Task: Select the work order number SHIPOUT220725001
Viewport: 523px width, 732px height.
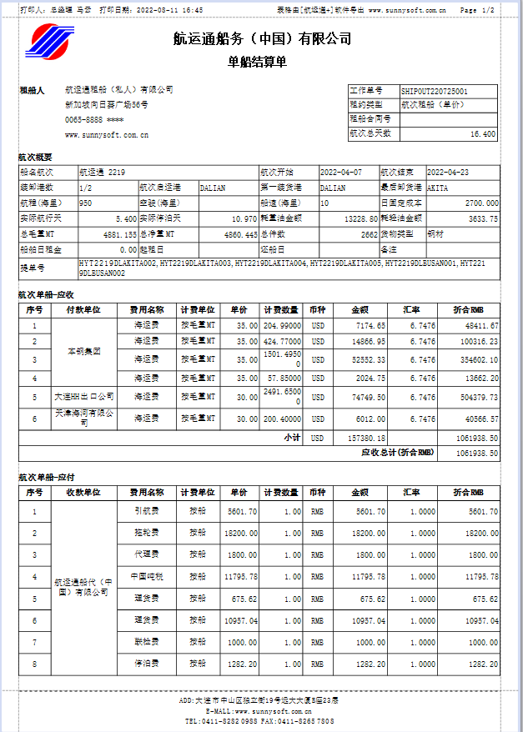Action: (434, 91)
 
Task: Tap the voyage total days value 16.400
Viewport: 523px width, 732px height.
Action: (482, 133)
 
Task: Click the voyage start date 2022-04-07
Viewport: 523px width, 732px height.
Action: (341, 173)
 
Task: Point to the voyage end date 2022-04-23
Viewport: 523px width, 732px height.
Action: (448, 173)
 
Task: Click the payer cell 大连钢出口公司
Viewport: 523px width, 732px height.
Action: (83, 397)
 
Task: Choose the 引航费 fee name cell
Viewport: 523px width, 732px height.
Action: (147, 511)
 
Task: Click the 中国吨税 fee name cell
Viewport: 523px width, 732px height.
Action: (147, 577)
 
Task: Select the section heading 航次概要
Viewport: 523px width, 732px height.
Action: (35, 157)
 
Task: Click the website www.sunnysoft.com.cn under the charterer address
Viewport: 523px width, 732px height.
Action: (107, 134)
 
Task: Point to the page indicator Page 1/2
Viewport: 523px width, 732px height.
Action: (477, 10)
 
